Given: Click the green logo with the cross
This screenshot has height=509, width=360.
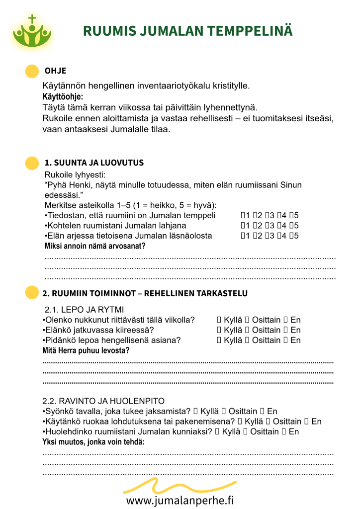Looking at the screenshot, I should [x=32, y=32].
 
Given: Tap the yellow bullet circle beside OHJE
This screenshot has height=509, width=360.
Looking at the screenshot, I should [x=32, y=71].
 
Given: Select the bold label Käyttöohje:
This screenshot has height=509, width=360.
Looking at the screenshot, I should [x=63, y=96].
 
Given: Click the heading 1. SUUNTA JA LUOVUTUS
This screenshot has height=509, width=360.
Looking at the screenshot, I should [x=94, y=163].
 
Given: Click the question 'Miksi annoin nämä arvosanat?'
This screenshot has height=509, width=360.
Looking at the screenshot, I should [x=95, y=246].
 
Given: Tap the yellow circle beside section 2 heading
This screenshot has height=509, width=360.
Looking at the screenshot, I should [x=32, y=293].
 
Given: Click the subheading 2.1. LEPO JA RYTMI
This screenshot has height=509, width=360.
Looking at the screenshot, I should [x=85, y=309].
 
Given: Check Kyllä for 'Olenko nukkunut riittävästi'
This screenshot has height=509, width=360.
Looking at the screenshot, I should [x=219, y=320].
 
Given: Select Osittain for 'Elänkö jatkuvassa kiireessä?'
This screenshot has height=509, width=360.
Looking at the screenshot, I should [x=248, y=330].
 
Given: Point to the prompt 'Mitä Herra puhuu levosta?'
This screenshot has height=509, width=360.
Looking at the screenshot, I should [x=86, y=350].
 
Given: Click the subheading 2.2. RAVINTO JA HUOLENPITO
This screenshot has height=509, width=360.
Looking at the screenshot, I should [x=103, y=401].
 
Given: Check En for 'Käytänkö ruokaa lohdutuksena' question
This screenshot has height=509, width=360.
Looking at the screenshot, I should [x=307, y=422].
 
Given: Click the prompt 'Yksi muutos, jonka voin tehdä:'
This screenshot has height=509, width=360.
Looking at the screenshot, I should [x=93, y=442].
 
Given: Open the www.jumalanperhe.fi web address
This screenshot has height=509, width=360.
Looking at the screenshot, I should [x=180, y=500].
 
